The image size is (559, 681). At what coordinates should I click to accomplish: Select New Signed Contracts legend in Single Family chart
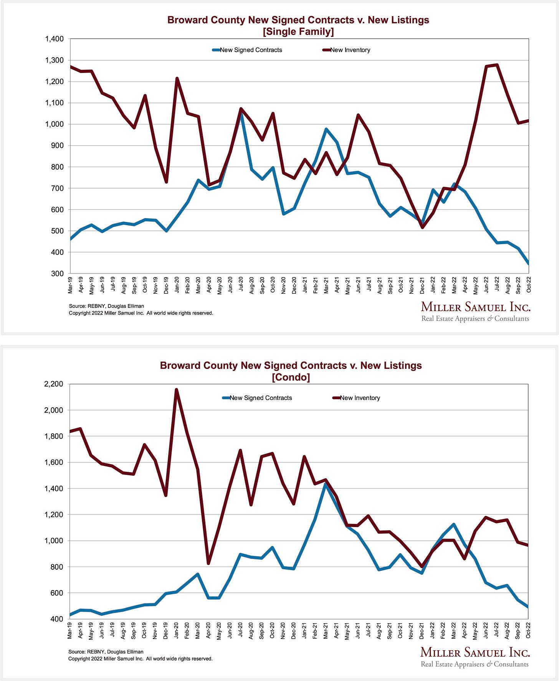coord(250,50)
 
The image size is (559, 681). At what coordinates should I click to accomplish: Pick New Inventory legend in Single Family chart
coord(350,50)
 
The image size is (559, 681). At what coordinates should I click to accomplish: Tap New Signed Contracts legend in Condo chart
coord(260,398)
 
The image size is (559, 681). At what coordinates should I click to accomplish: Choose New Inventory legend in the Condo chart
coord(360,398)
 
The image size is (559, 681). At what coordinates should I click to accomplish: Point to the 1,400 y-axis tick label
coord(54,39)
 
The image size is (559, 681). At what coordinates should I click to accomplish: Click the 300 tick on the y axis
coord(58,274)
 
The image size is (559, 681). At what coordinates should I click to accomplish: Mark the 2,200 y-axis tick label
coord(54,384)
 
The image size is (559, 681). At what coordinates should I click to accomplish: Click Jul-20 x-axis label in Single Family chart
coord(241,285)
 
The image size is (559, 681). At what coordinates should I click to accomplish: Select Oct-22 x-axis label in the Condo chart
coord(528,630)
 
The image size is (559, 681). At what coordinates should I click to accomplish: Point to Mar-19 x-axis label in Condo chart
coord(70,630)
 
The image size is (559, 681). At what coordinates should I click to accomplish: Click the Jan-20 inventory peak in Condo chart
coord(176,390)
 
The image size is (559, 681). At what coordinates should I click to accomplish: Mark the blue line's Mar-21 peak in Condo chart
coord(325,484)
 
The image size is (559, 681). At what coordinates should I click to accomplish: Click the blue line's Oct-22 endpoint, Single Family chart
coord(528,264)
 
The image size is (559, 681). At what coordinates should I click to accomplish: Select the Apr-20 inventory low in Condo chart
coord(208,563)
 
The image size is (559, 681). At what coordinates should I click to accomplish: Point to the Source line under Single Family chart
coord(107,306)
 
